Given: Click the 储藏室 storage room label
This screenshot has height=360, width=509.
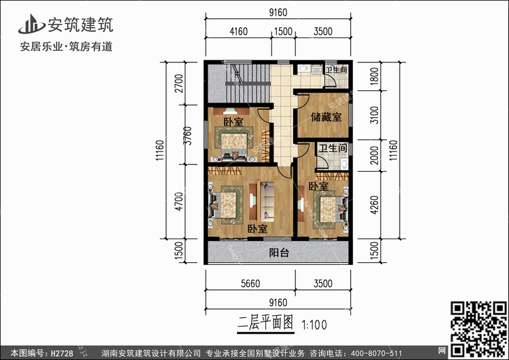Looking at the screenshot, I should click(x=326, y=117).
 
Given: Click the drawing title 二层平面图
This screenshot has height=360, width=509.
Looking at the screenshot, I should click(x=264, y=323).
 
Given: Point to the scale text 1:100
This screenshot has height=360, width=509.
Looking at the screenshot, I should click(x=313, y=324).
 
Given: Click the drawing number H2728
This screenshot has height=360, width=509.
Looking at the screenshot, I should click(x=57, y=353).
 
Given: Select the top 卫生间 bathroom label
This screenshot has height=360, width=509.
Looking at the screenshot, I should click(x=336, y=70).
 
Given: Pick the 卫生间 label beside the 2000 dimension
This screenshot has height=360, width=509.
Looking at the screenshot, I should click(x=334, y=147).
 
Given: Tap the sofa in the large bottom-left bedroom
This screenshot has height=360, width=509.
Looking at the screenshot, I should click(x=265, y=204).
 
